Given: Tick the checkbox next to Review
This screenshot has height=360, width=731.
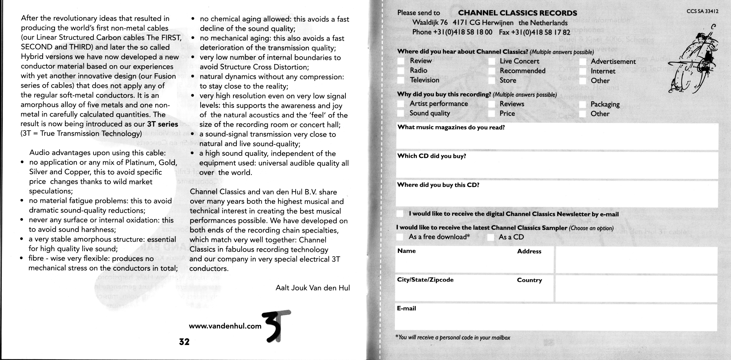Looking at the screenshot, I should [401, 61].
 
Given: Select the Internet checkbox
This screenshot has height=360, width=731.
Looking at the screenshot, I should [583, 71].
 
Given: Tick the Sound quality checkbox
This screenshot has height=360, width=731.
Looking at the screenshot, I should [401, 113].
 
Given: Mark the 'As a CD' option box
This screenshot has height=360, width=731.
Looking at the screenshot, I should [491, 237].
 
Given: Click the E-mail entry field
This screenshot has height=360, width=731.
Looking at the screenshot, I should [556, 319].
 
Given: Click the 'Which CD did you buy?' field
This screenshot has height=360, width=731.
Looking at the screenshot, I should [556, 167].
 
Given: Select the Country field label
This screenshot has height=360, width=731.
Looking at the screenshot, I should [529, 280].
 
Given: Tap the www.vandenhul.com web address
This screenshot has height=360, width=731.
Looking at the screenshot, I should [225, 326].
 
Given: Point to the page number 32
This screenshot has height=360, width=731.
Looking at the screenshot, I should [184, 342].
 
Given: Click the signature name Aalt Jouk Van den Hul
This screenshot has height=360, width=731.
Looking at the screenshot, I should [312, 288].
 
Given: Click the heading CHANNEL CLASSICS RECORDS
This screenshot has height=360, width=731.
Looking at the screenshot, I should [517, 13].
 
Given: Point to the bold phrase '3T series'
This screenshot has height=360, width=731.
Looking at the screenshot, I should [163, 124].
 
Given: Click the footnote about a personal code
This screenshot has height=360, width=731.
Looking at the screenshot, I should [453, 337].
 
